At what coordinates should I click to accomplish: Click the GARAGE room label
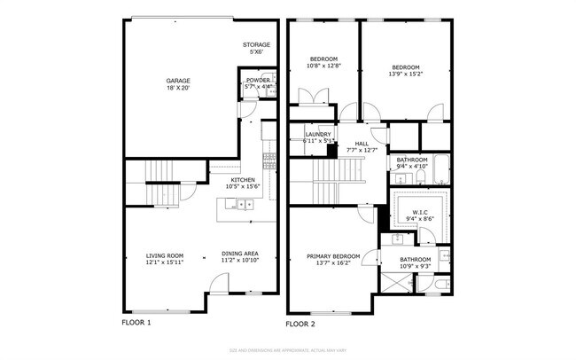[x=178, y=81]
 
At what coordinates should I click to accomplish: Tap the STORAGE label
[x=256, y=44]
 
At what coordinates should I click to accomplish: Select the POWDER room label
[x=259, y=80]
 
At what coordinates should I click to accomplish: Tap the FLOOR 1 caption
[x=136, y=323]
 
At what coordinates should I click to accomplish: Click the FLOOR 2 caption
[x=300, y=324]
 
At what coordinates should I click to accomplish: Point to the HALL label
[x=362, y=144]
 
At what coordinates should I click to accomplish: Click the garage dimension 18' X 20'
[x=178, y=89]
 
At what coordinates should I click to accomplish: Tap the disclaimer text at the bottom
[x=287, y=349]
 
